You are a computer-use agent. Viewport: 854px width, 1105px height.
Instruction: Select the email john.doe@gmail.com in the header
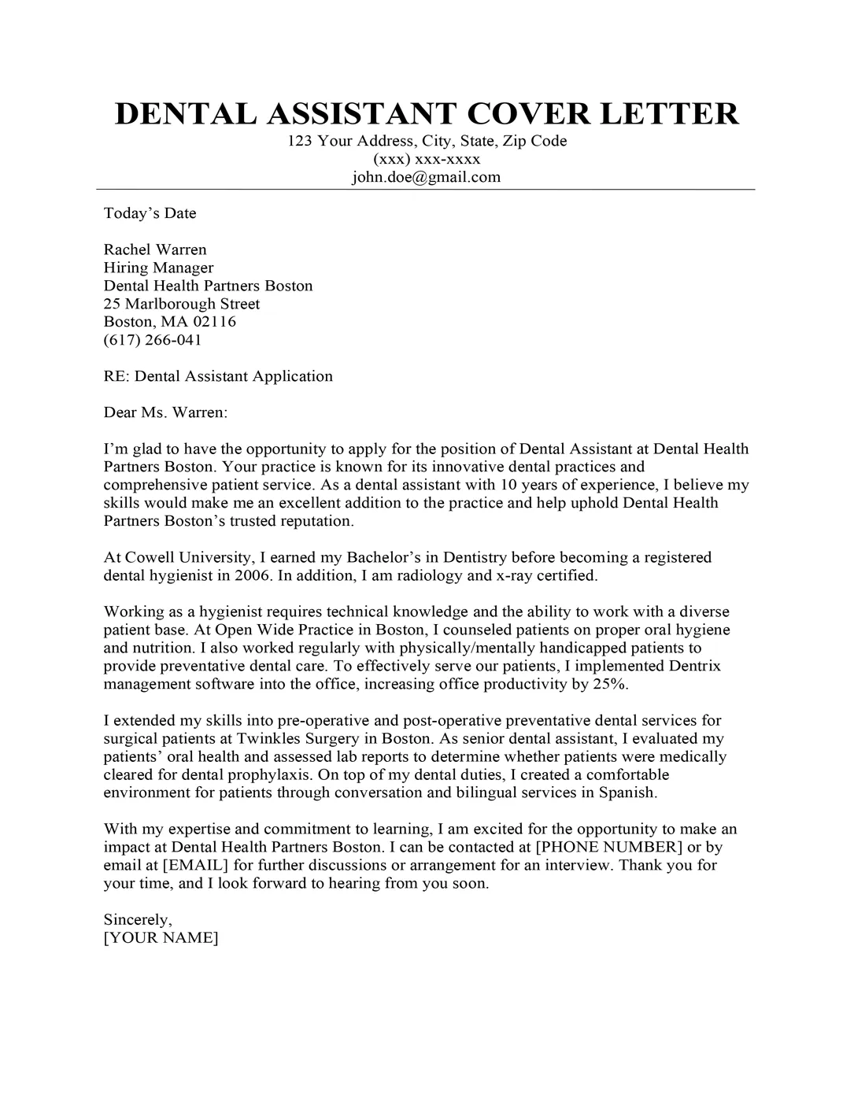[x=426, y=177]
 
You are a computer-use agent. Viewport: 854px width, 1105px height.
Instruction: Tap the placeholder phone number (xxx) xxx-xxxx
[x=426, y=159]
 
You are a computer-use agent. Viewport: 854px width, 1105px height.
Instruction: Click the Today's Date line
[x=150, y=213]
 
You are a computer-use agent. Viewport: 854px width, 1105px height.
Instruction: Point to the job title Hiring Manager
[x=158, y=268]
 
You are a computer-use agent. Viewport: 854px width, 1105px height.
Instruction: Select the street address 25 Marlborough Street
[x=181, y=304]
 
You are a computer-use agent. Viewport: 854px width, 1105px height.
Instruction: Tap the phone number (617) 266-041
[x=153, y=340]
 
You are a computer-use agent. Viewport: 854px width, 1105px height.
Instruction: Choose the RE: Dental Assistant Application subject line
[x=218, y=376]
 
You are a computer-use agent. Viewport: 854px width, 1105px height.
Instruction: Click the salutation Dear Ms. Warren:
[x=165, y=412]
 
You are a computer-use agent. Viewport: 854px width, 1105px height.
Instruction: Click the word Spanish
[x=627, y=793]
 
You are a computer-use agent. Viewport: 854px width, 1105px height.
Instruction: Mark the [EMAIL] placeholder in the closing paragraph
[x=196, y=865]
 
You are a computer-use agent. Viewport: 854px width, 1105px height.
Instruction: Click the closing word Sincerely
[x=137, y=919]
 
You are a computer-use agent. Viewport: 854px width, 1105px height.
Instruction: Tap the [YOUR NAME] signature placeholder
[x=161, y=937]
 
